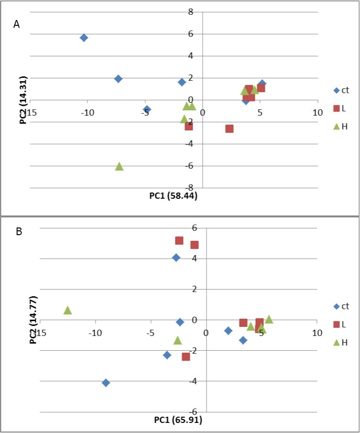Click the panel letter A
click(16, 25)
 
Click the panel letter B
click(19, 232)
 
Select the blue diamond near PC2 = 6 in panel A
click(84, 38)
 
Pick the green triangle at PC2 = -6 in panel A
click(119, 166)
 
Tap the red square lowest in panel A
click(229, 129)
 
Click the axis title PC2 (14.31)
click(23, 99)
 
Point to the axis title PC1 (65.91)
click(178, 421)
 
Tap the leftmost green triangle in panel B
click(67, 310)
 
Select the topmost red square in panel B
click(179, 240)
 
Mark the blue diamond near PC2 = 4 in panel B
click(176, 258)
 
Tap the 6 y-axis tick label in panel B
click(195, 228)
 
